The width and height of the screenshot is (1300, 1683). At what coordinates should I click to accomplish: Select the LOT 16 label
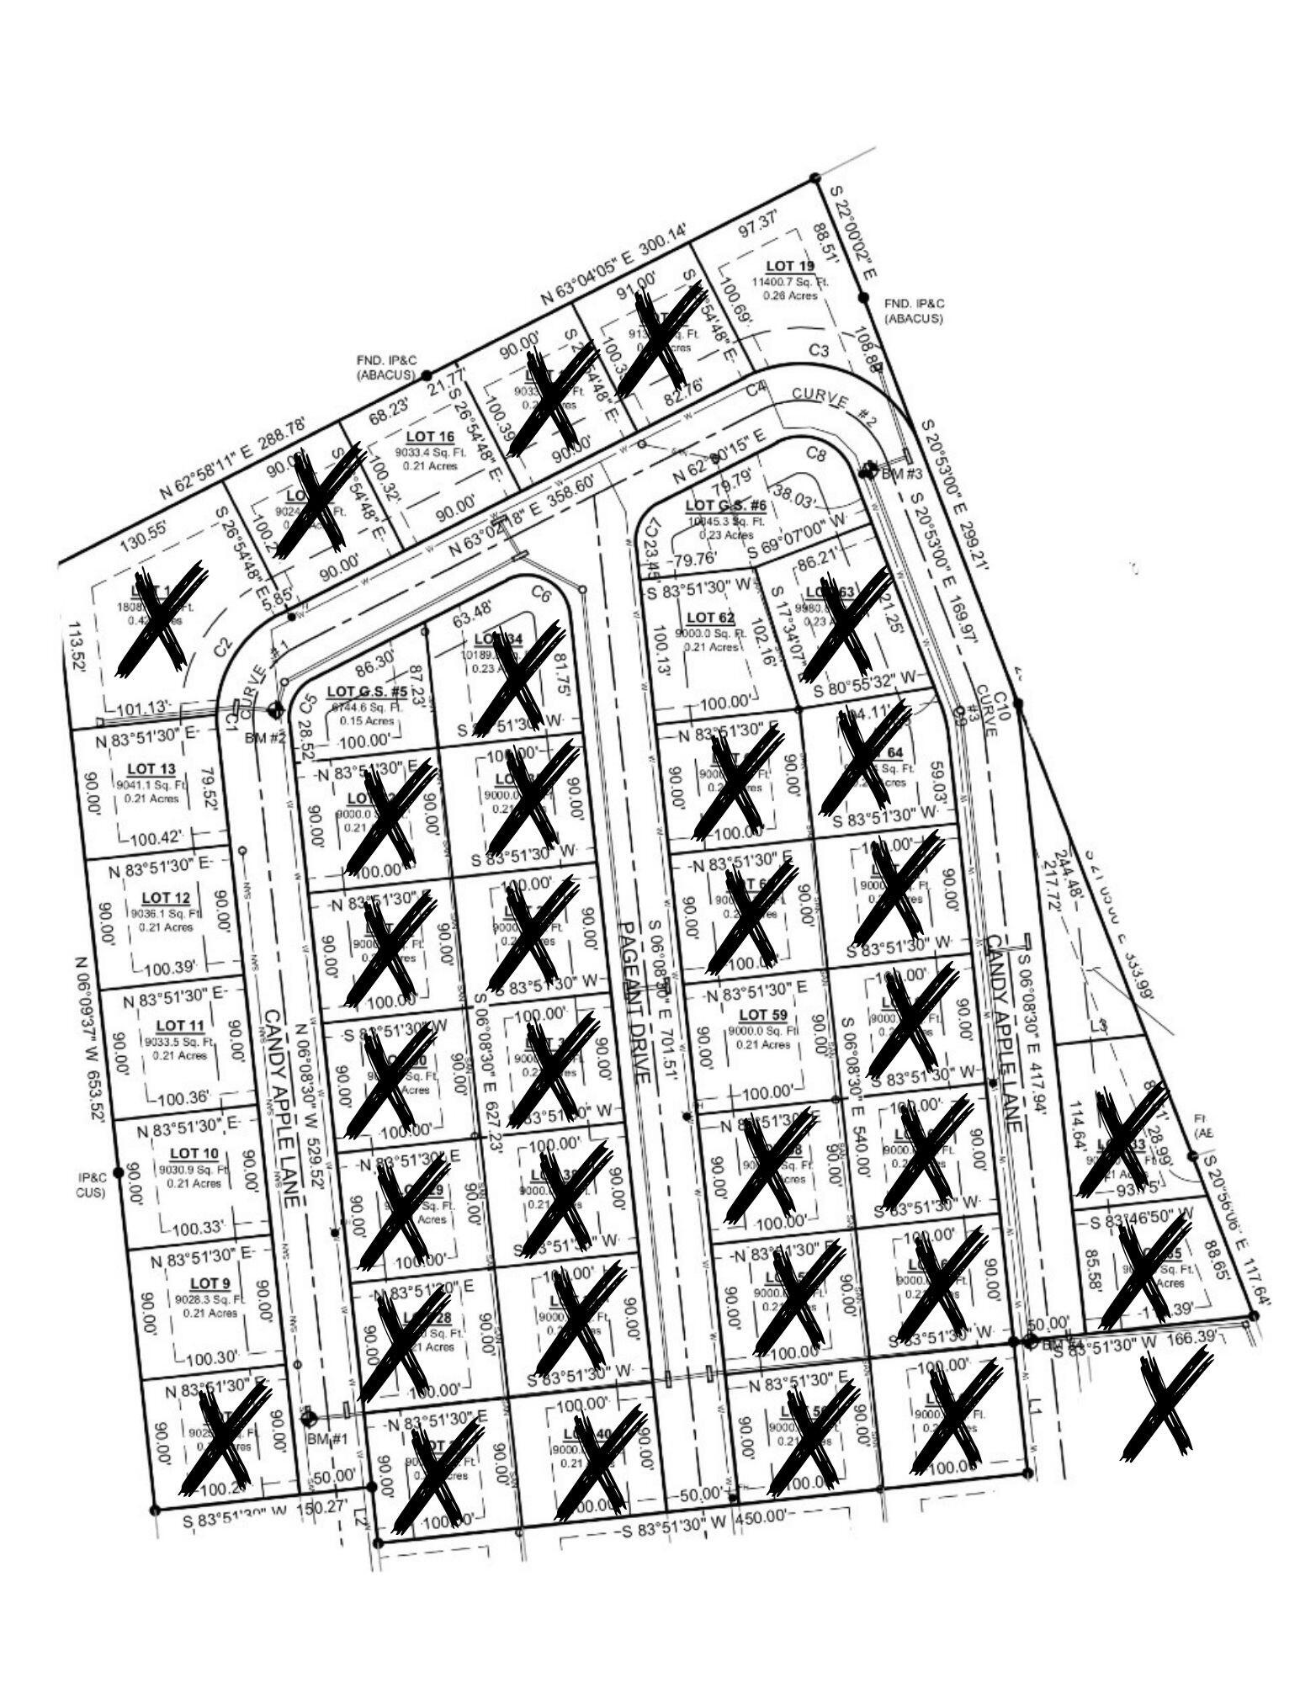[430, 436]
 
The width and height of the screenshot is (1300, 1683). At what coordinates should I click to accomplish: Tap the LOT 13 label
[151, 768]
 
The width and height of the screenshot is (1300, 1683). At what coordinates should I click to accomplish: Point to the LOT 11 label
[181, 1025]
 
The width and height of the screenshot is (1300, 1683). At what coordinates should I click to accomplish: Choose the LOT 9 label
[210, 1282]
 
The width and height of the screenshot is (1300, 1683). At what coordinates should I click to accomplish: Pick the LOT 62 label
[711, 618]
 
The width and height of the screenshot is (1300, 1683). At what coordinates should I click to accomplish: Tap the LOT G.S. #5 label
[366, 691]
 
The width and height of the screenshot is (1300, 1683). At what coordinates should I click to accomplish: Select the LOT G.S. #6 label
[725, 506]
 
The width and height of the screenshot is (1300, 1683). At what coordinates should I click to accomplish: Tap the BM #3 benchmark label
[901, 473]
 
